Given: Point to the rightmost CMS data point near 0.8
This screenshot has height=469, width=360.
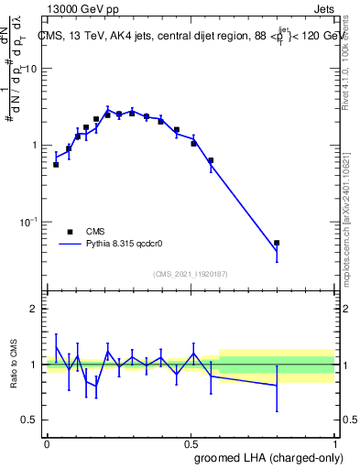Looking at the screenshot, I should [x=277, y=243].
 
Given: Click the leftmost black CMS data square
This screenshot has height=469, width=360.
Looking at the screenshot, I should [x=56, y=165].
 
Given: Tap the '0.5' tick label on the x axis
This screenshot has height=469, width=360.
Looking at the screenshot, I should [x=191, y=443].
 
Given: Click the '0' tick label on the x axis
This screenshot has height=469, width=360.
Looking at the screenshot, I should [x=47, y=443].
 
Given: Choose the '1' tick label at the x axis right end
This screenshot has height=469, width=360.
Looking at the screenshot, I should [x=334, y=443].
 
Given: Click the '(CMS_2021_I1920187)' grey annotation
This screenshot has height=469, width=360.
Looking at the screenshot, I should [x=191, y=273].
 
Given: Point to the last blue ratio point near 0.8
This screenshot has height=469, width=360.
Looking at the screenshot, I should [x=277, y=386].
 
